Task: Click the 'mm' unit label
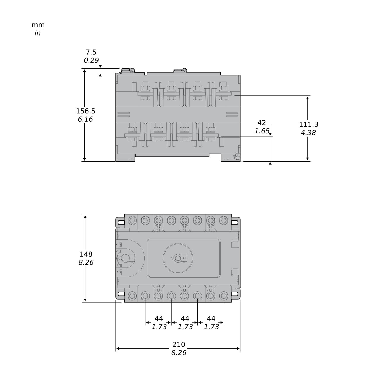38,25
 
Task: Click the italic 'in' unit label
37,33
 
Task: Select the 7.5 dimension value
91,52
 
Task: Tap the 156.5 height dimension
86,111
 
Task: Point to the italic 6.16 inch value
85,119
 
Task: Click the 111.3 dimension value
309,124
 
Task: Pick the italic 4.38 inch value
308,133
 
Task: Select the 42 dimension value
261,123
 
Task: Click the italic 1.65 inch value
262,131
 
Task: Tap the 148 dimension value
86,254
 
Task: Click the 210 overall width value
179,345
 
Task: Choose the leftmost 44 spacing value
159,318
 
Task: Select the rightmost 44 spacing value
211,318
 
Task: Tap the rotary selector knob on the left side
126,258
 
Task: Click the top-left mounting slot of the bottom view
121,223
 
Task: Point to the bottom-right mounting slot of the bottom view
235,294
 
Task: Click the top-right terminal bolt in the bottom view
223,220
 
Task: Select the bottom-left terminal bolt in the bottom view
132,296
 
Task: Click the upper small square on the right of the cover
235,244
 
